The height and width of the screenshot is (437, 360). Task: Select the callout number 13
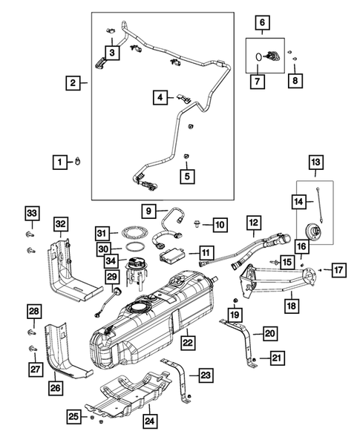point(316,162)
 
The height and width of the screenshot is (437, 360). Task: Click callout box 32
point(60,223)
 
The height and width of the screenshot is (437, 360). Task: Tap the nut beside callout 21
point(255,359)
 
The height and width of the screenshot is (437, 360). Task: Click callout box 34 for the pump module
point(113,260)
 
